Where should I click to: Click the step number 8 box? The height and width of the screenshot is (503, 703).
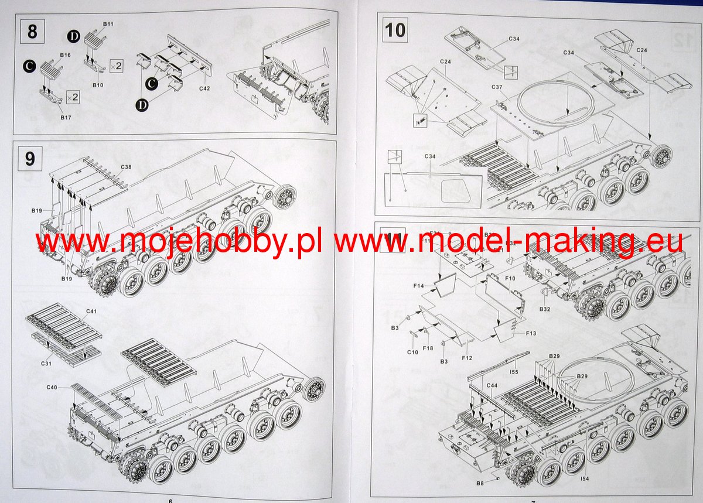[32, 32]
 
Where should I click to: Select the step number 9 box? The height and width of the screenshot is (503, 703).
[30, 158]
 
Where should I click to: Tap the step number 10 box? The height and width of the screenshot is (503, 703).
[395, 29]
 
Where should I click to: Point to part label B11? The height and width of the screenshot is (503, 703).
[108, 23]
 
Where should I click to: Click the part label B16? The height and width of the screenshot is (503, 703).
[65, 55]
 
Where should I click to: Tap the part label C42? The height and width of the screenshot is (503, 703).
[204, 88]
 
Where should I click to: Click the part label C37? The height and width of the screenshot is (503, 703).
[497, 88]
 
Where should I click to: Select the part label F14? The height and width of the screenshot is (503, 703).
[418, 286]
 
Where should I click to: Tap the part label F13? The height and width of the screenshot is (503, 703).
[531, 333]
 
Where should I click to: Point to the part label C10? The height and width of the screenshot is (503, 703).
[412, 352]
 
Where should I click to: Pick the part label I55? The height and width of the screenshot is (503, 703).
[514, 372]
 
